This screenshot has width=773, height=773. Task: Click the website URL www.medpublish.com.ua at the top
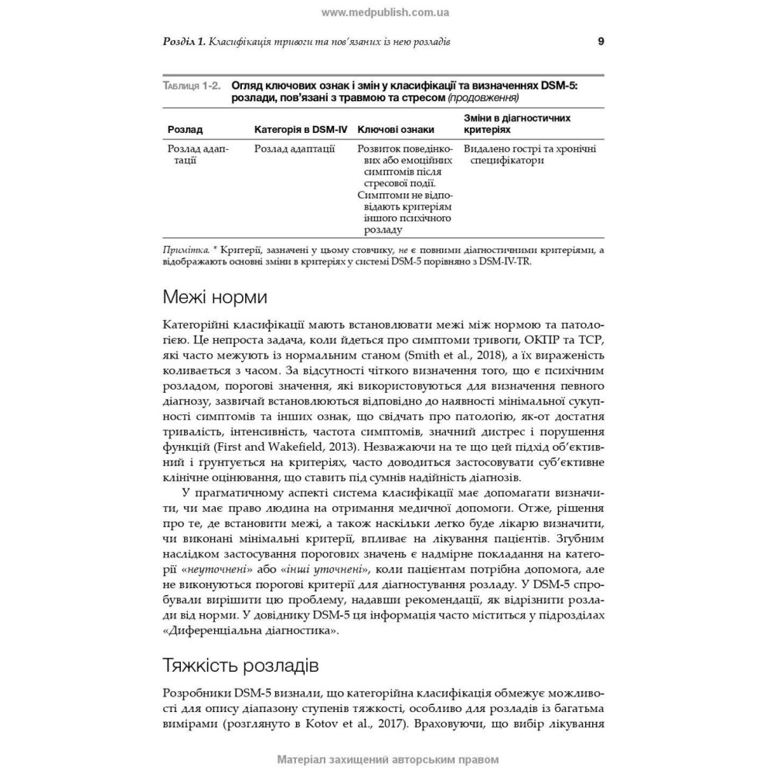click(385, 12)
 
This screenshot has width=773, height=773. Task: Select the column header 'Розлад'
click(186, 130)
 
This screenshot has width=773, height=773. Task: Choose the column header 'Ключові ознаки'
click(396, 130)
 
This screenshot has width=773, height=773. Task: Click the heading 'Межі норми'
click(216, 297)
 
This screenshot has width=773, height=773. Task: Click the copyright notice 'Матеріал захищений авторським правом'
click(386, 759)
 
